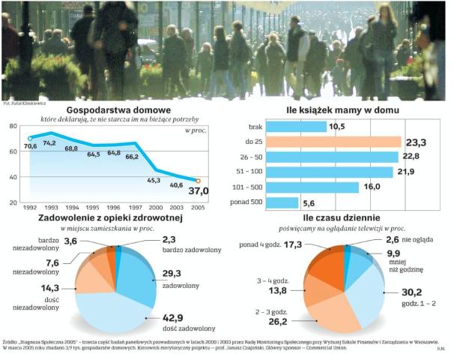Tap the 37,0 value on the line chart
coord(200,192)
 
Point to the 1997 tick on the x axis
coord(132,208)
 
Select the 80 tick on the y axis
coord(13,126)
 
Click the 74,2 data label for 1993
coord(49,142)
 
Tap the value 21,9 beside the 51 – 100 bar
coord(405,172)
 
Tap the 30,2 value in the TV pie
coord(405,292)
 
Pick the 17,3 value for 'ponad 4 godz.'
coord(314,244)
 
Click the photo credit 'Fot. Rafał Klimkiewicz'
coord(26,102)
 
